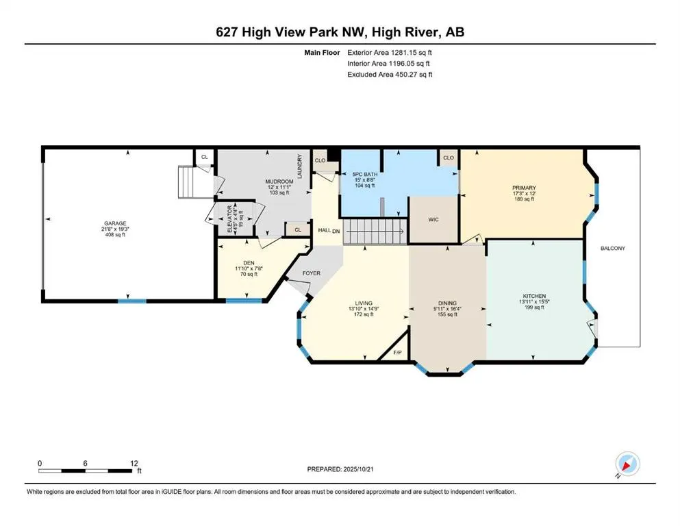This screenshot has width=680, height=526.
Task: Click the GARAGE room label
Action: (115, 223)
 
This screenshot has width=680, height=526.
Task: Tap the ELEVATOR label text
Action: (230, 219)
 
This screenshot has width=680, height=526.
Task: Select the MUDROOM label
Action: (279, 181)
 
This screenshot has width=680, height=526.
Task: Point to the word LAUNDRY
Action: (299, 166)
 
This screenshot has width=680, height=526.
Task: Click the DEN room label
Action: (249, 263)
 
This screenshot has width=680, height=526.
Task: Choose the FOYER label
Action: (312, 273)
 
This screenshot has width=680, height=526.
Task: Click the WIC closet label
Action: (433, 219)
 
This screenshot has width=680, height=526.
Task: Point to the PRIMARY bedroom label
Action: (524, 188)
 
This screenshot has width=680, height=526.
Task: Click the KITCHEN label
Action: (534, 296)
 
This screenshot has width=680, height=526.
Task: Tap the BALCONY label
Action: (613, 249)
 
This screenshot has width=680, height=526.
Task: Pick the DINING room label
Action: (447, 303)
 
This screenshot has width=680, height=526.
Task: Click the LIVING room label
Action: (364, 303)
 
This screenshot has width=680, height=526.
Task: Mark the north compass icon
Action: (627, 464)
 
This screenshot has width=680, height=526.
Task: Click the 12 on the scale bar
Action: (134, 463)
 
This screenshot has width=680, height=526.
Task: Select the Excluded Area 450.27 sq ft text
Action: (390, 74)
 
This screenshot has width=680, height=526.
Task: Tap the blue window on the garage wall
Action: (132, 301)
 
